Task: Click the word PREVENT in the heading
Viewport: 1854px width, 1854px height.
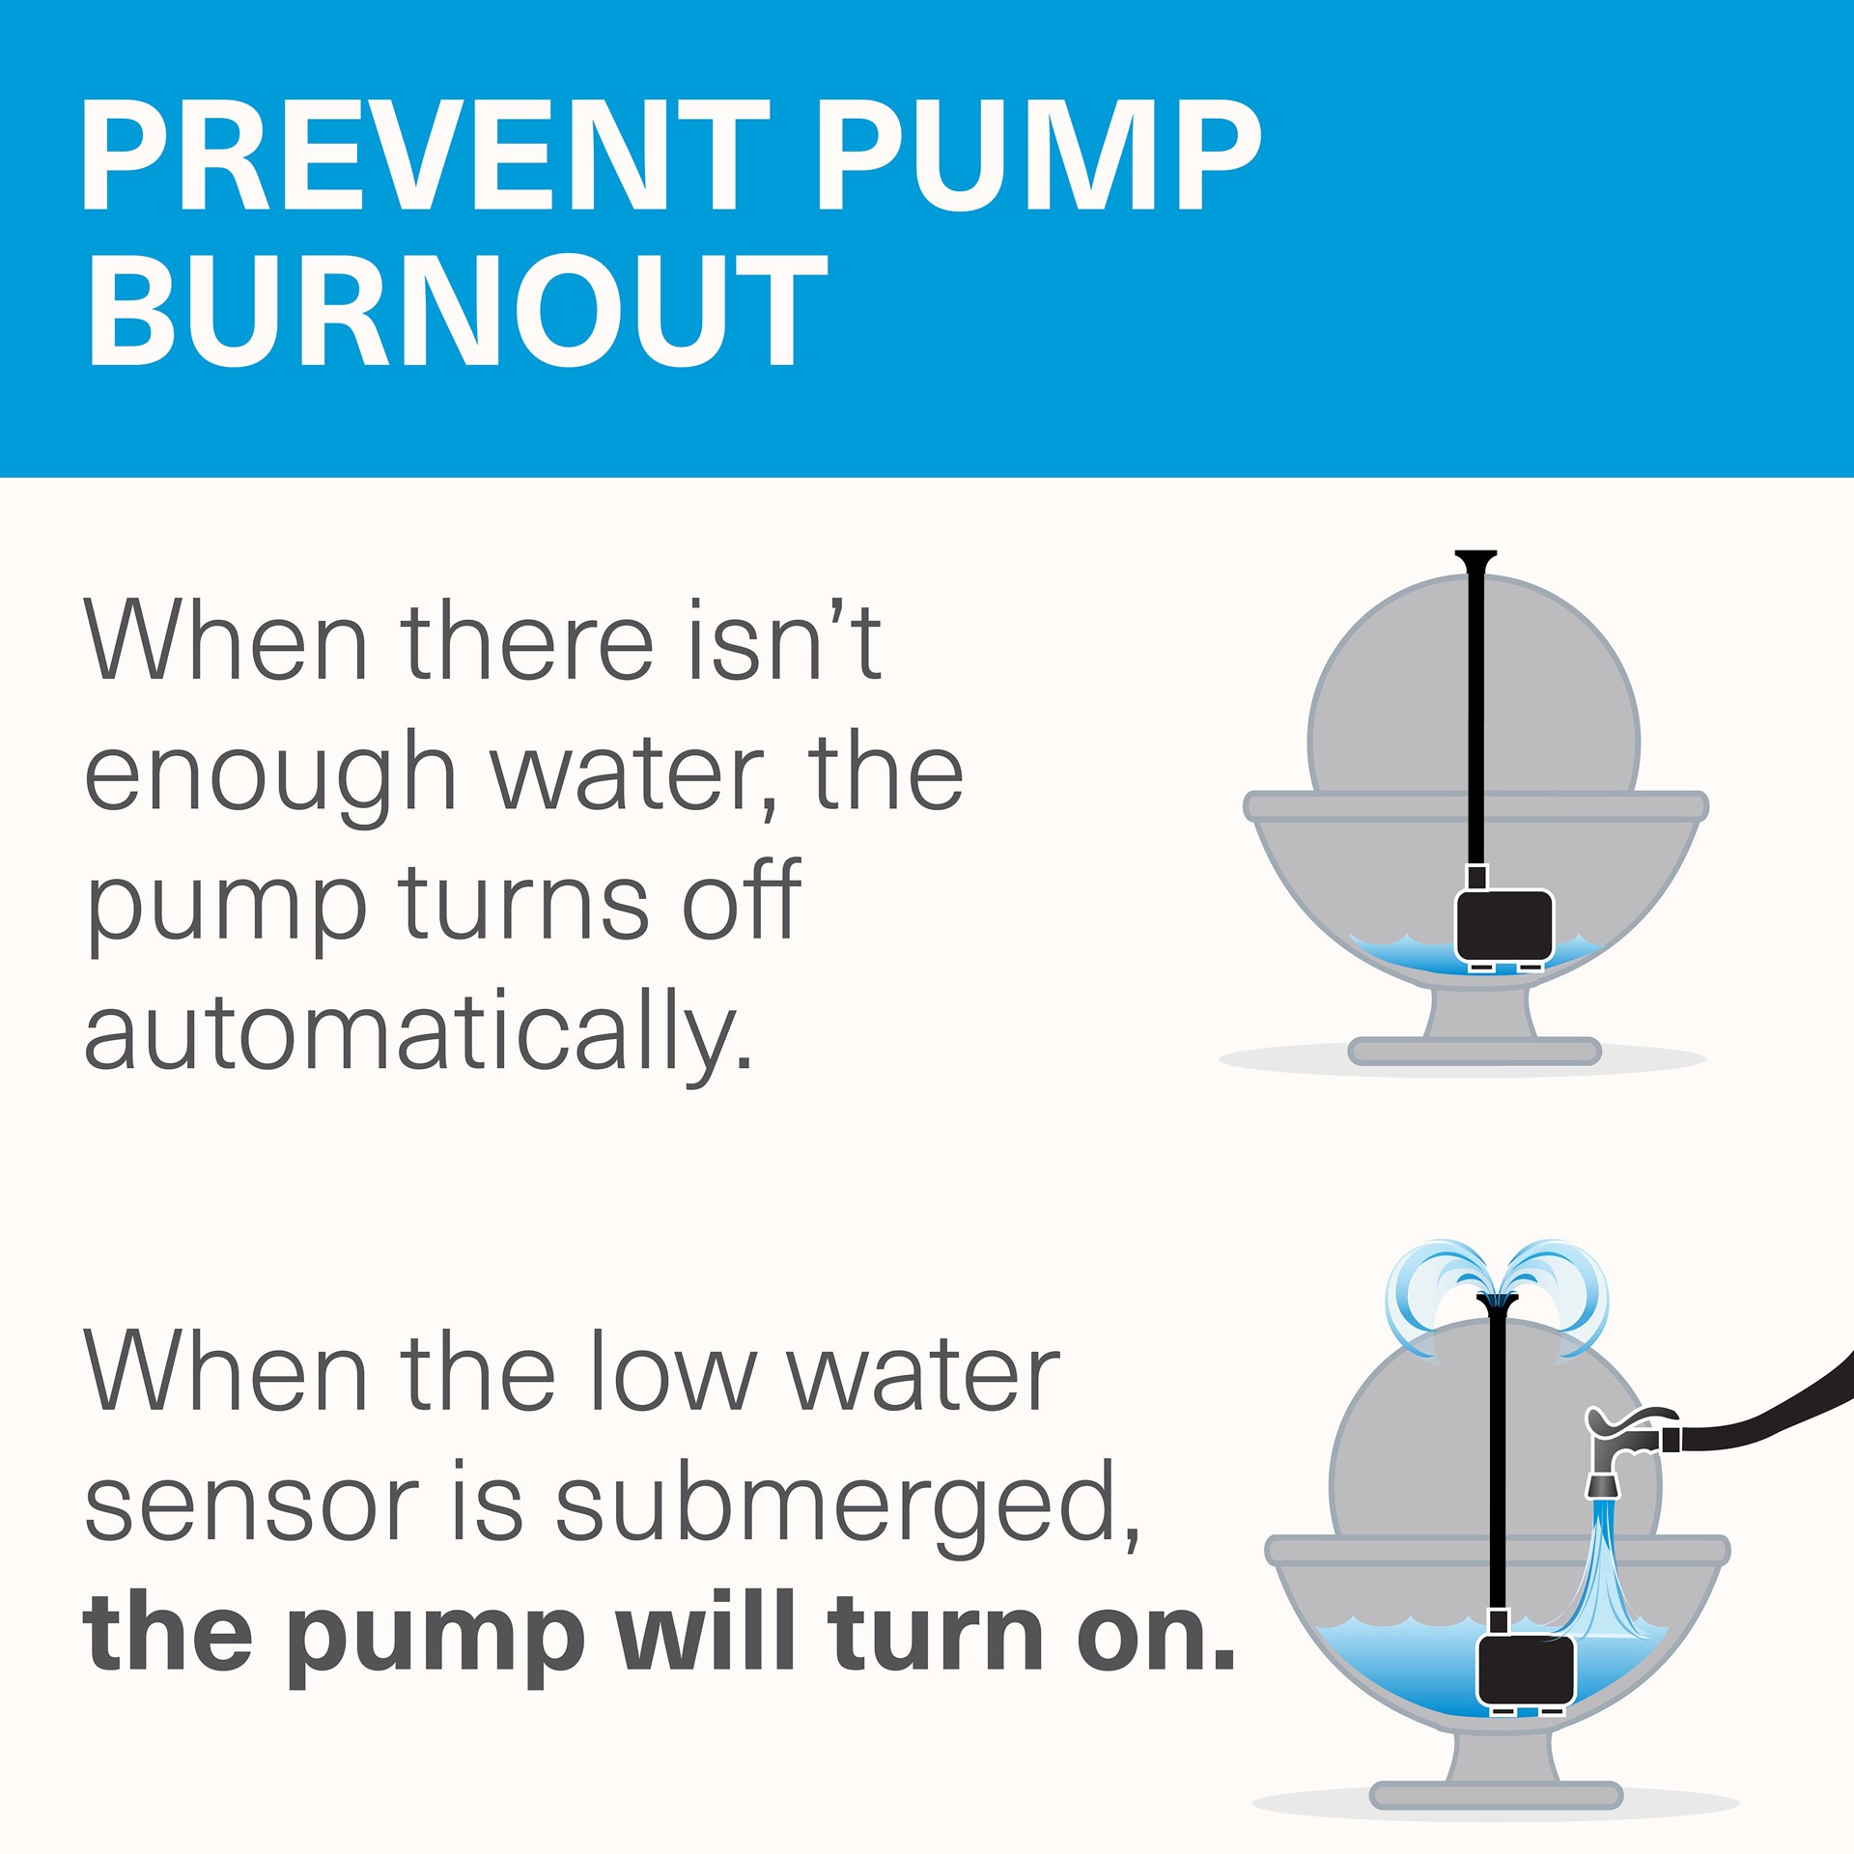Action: click(x=426, y=154)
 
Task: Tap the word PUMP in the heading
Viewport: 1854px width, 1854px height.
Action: click(x=1040, y=154)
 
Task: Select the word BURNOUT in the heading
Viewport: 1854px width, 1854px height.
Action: click(x=456, y=310)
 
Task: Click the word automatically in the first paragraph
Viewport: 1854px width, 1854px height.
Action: click(x=417, y=1033)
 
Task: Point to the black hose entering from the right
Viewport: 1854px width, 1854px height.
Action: click(x=1767, y=1411)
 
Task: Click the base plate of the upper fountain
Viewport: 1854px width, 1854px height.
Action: click(x=1474, y=1051)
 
